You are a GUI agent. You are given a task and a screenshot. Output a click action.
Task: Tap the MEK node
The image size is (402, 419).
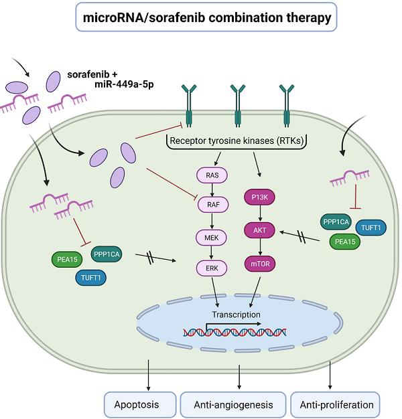click(212, 237)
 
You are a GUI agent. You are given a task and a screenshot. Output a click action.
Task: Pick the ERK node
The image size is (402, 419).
click(212, 267)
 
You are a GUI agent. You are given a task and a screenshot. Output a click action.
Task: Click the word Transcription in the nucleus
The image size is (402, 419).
click(237, 314)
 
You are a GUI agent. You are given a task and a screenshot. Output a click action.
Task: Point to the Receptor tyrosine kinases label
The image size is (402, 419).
click(237, 141)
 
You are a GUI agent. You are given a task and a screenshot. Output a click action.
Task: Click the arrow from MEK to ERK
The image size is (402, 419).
click(212, 252)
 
